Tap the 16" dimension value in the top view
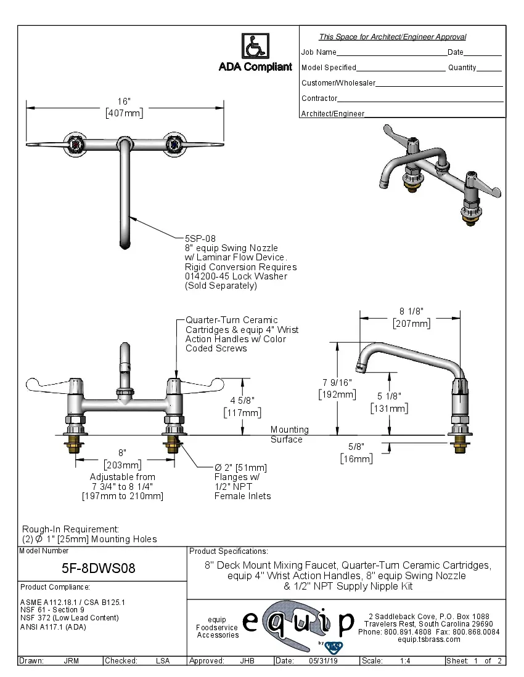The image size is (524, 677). (124, 101)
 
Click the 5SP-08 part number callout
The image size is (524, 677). (200, 238)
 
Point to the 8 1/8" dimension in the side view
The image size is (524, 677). (411, 311)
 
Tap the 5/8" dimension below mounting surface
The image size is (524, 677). (356, 447)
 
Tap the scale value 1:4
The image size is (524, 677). (405, 661)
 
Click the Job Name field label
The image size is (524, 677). (319, 52)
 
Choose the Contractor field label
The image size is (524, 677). (319, 98)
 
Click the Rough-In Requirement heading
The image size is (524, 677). (70, 529)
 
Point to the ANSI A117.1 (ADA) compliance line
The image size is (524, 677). (53, 627)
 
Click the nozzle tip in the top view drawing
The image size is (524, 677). (125, 244)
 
